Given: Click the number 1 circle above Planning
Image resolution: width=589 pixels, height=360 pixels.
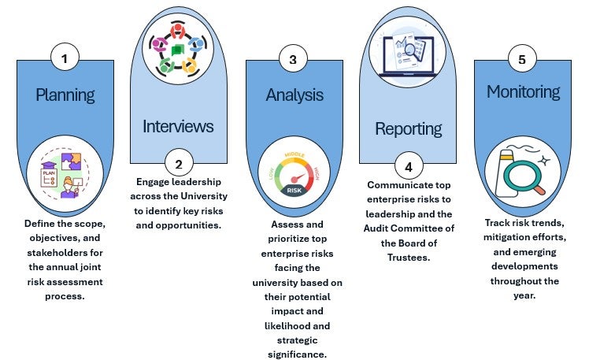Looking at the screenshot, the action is (x=65, y=58).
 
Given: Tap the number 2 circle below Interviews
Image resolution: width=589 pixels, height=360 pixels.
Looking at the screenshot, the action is (x=179, y=164).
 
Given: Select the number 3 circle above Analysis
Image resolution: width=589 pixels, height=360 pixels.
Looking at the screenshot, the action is (x=293, y=59).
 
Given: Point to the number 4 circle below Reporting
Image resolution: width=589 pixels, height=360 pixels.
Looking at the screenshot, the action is (x=409, y=166).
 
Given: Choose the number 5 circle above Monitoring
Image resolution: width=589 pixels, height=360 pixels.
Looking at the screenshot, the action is (x=522, y=58).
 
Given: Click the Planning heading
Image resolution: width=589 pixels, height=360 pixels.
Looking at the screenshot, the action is (x=65, y=95).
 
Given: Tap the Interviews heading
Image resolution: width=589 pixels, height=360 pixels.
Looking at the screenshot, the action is (x=178, y=126).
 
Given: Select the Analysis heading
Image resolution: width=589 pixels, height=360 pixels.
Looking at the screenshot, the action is (x=294, y=95).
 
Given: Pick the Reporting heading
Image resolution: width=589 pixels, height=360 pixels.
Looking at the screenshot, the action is (x=409, y=129).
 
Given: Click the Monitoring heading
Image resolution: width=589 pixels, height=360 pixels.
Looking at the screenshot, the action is (x=524, y=91).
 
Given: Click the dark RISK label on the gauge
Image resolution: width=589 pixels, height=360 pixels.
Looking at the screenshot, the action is (x=294, y=191).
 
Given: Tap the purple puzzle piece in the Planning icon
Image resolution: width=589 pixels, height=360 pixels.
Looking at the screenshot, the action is (x=72, y=161).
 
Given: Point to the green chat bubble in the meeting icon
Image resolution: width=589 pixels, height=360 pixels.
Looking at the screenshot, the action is (x=178, y=50).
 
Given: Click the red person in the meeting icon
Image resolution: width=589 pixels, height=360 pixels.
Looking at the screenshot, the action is (x=177, y=31).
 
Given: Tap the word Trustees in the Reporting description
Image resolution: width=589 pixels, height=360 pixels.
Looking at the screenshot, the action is (x=409, y=258).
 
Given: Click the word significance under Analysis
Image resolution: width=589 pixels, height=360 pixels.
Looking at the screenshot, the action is (x=297, y=354).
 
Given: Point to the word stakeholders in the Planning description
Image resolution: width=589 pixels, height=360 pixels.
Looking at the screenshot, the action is (x=65, y=253).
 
